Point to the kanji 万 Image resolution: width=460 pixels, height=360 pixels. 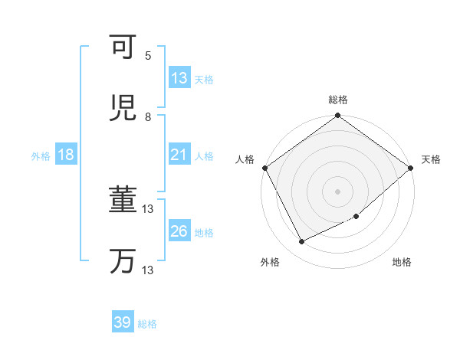[123, 261]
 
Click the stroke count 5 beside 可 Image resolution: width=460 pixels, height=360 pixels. [148, 55]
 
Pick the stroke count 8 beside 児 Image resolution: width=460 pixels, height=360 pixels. [148, 116]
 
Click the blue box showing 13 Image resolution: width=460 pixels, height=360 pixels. [179, 78]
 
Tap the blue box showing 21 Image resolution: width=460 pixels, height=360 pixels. [179, 155]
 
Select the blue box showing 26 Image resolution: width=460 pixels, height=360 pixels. [179, 231]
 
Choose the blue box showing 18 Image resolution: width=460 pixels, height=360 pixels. [66, 155]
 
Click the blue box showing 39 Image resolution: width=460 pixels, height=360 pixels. [123, 322]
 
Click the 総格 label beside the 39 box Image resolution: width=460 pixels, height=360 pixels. [147, 324]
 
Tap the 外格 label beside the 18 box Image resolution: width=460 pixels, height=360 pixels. [41, 156]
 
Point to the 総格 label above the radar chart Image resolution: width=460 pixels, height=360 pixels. [338, 100]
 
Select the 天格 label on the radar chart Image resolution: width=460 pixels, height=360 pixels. [432, 159]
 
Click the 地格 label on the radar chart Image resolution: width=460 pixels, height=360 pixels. [402, 263]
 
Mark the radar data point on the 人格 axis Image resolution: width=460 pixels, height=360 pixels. [264, 168]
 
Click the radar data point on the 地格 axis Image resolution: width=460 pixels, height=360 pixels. [356, 217]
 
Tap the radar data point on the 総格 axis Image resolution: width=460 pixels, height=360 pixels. [338, 116]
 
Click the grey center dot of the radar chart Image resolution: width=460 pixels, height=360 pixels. [338, 191]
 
